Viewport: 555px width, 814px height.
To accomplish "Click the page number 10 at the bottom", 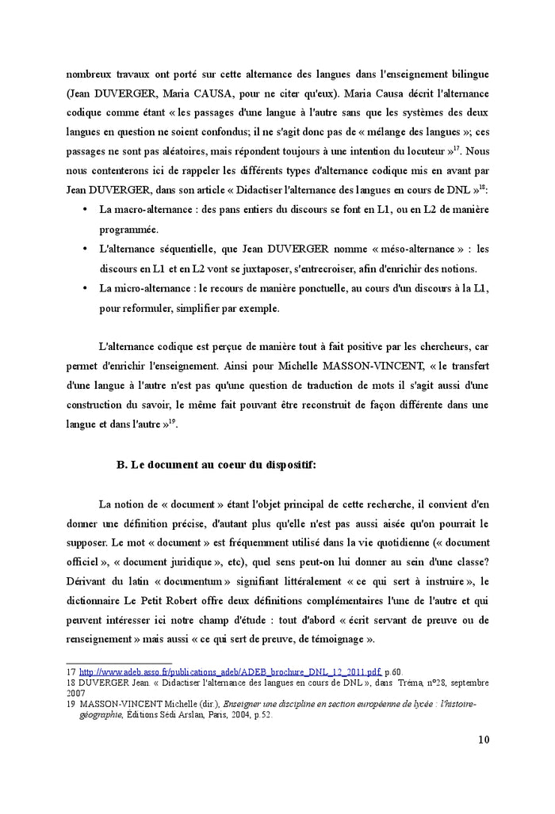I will pos(484,740).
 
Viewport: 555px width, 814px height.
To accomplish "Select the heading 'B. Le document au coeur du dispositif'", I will pos(216,465).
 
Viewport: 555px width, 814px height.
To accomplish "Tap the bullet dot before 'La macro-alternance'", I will pos(85,209).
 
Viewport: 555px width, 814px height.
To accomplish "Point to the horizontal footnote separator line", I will pos(119,663).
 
